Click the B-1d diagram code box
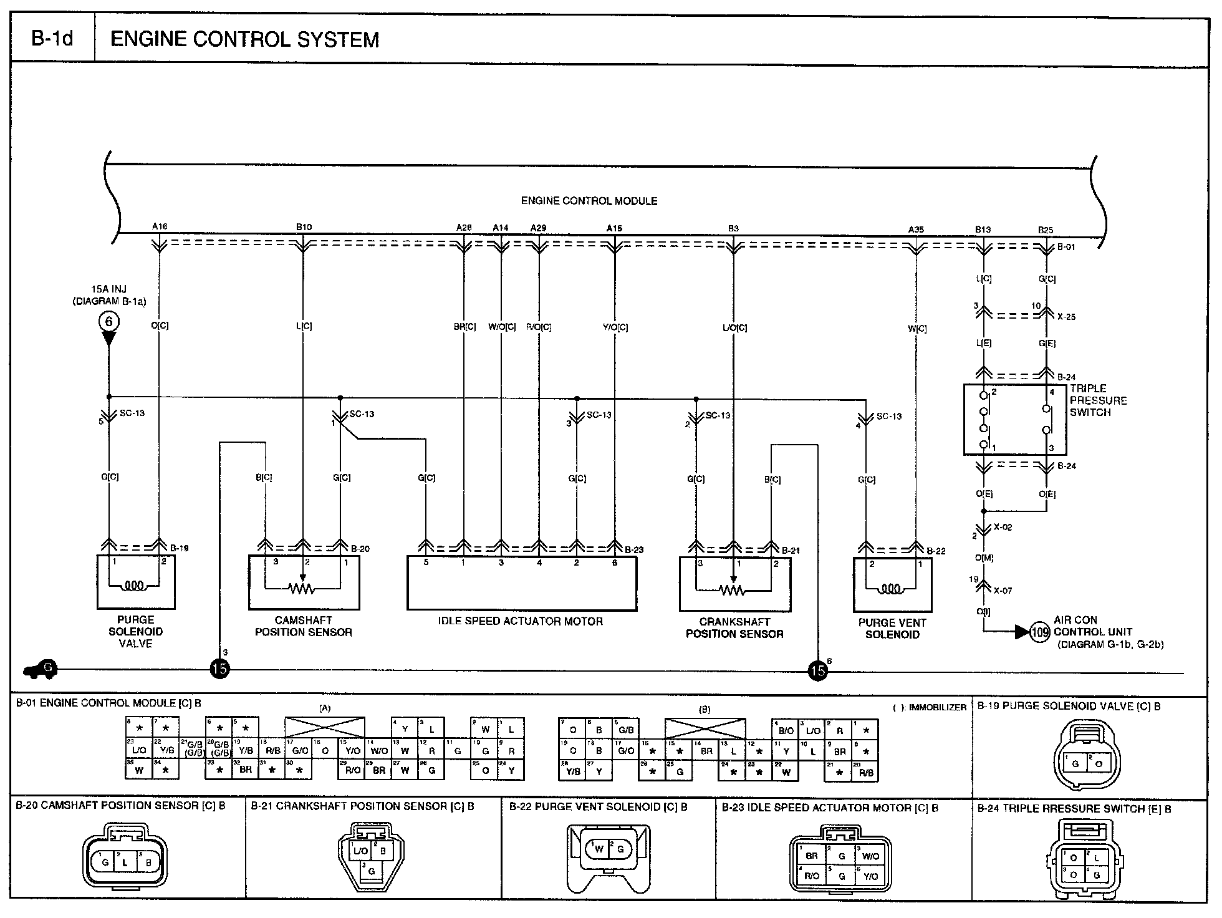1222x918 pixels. (x=52, y=39)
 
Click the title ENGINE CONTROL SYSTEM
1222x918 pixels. (x=244, y=40)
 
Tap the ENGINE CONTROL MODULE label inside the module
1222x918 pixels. (x=589, y=201)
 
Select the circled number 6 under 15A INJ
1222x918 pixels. (x=109, y=322)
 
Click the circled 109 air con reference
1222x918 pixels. (x=1039, y=632)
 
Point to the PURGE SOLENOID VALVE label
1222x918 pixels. (x=135, y=631)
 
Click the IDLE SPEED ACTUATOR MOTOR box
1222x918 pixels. (x=521, y=584)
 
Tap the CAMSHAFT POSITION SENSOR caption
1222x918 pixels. (x=303, y=626)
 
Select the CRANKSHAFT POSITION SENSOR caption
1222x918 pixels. (x=734, y=628)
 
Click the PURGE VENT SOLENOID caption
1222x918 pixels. (x=892, y=628)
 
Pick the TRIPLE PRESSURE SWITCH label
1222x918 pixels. (x=1099, y=400)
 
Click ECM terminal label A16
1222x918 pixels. (x=160, y=226)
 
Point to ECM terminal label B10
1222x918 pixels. (x=304, y=227)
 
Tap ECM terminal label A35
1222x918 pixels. (x=915, y=229)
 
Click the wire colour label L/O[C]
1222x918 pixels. (x=734, y=327)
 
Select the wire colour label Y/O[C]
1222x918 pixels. (x=615, y=327)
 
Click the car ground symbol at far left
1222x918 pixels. (x=39, y=670)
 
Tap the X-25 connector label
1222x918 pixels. (x=1066, y=316)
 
